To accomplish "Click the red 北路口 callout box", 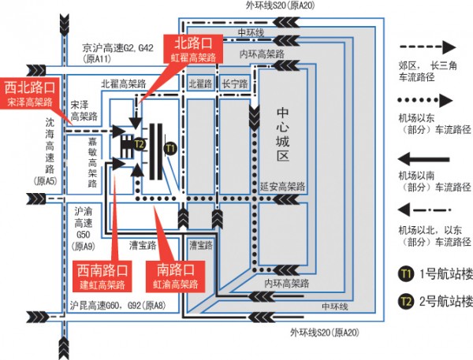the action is click(193, 49).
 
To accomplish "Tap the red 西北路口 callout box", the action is click(30, 93).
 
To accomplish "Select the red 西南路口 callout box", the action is click(102, 276).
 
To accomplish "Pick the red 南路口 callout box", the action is click(175, 276).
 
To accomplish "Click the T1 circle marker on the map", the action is click(170, 148).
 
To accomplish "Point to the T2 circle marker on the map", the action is click(139, 144).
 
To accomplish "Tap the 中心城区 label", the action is click(283, 134).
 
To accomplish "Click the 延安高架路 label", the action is click(283, 187).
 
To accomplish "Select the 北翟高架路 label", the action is click(124, 84).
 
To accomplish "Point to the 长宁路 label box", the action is click(235, 84).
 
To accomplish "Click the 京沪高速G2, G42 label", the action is click(117, 48).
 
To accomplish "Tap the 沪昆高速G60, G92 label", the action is click(117, 306).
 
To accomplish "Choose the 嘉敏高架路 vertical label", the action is click(92, 162).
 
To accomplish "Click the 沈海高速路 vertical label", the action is click(50, 146).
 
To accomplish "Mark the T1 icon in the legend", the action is click(406, 274).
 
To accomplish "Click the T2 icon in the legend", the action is click(406, 301).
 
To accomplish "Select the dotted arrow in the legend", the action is click(426, 100).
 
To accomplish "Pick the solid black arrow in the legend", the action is click(423, 159).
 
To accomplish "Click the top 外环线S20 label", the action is click(280, 6).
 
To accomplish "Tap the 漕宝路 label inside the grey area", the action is click(201, 246).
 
